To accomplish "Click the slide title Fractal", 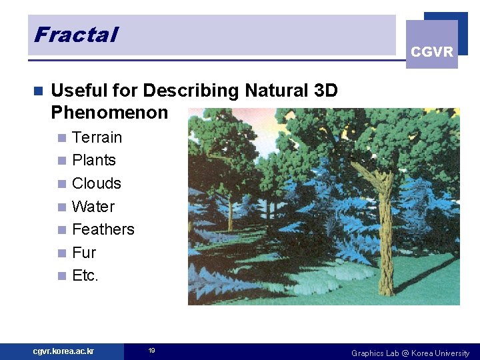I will pos(75,34).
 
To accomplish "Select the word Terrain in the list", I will pos(97,137).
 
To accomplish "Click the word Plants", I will pos(93,160).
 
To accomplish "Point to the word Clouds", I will pos(96,183).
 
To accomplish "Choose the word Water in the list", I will pos(93,207).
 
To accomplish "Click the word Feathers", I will pos(103,229).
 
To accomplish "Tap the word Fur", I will pos(84,253).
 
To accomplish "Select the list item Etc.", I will pos(85,275).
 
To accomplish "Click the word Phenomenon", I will pos(109,112).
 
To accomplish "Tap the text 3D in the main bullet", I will pos(325,90).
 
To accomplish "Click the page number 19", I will pos(151,351).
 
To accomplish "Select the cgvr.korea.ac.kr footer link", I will pos(63,351).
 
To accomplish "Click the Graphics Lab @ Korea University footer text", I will pos(410,353).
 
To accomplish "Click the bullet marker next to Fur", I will pos(61,253).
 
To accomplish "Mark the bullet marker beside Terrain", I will pos(61,138).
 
